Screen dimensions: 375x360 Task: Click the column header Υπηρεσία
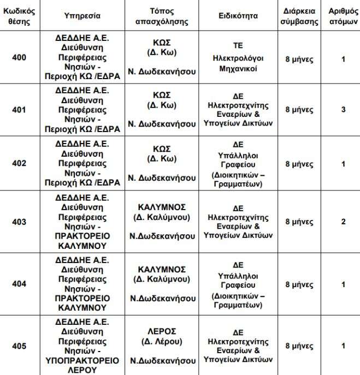click(82, 16)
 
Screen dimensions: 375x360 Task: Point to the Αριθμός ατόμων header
click(343, 16)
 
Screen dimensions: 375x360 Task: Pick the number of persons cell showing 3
click(343, 110)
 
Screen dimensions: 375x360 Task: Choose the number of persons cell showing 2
click(343, 222)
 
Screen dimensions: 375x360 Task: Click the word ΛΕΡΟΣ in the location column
click(162, 331)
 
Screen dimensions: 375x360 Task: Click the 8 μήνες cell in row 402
click(299, 164)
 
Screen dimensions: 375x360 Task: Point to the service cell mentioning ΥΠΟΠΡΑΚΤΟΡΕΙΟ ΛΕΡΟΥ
click(82, 346)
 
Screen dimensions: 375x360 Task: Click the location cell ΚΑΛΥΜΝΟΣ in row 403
click(162, 207)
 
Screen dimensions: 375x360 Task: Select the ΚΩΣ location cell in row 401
click(162, 95)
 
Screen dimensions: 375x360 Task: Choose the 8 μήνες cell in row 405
click(299, 346)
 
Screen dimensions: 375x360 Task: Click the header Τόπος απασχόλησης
click(162, 16)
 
